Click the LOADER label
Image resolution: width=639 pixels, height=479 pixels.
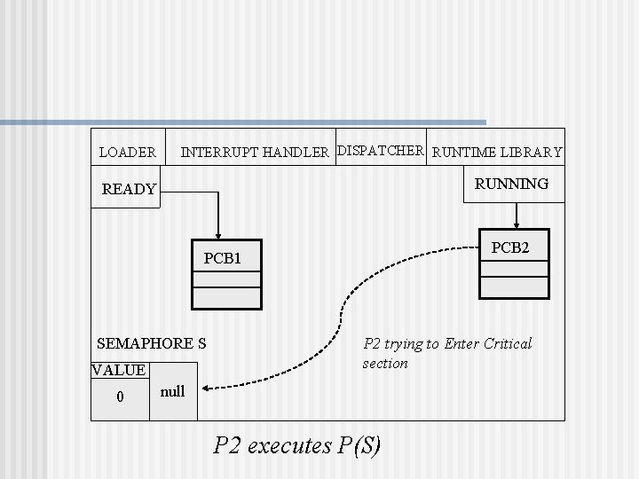[x=127, y=153]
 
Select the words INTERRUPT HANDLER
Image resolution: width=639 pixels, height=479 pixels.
[x=255, y=153]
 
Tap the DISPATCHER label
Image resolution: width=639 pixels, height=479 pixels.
[x=381, y=150]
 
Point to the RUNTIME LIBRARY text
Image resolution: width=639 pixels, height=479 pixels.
[x=497, y=153]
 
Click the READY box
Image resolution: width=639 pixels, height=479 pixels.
[x=129, y=189]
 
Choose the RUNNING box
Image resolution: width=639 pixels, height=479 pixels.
[x=511, y=184]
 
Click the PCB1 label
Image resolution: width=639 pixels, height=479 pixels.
[x=222, y=259]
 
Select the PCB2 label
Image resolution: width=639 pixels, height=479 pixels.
[x=510, y=248]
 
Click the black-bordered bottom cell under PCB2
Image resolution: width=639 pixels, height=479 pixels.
[x=514, y=287]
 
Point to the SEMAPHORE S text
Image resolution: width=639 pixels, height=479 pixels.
[x=151, y=343]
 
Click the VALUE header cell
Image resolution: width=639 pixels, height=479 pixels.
[x=119, y=370]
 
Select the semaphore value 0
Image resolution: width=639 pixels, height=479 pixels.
[x=121, y=396]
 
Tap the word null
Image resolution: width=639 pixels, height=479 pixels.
[x=173, y=391]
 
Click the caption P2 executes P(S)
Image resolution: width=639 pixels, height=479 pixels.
[x=297, y=444]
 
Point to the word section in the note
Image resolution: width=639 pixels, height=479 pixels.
[x=385, y=364]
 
